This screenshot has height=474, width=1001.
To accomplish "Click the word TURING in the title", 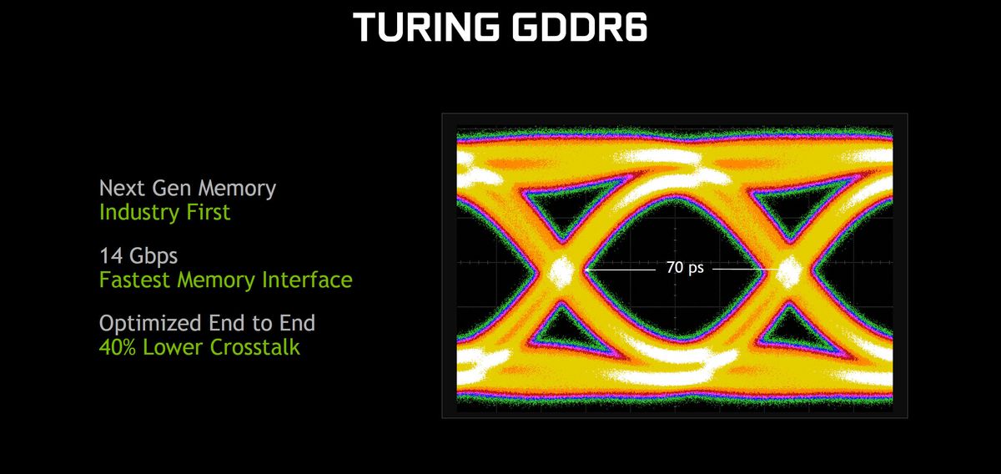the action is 426,28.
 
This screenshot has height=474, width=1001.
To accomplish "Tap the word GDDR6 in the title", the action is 580,28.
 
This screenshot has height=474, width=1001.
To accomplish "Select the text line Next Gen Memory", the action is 187,189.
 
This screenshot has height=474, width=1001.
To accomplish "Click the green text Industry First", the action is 164,212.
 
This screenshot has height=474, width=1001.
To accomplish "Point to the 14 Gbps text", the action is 138,256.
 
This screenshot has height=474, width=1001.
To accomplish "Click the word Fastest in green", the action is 135,280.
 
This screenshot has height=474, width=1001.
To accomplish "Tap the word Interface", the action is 307,280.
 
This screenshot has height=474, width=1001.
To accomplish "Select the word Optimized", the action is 150,324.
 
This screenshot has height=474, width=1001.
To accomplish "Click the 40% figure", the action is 117,347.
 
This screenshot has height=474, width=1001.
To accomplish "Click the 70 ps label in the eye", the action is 685,267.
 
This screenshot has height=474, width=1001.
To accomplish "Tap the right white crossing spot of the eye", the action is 789,271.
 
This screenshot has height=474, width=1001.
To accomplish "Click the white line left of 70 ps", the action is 621,270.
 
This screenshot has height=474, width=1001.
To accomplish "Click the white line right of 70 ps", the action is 744,270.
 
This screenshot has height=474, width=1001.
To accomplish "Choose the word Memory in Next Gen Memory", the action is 237,189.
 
